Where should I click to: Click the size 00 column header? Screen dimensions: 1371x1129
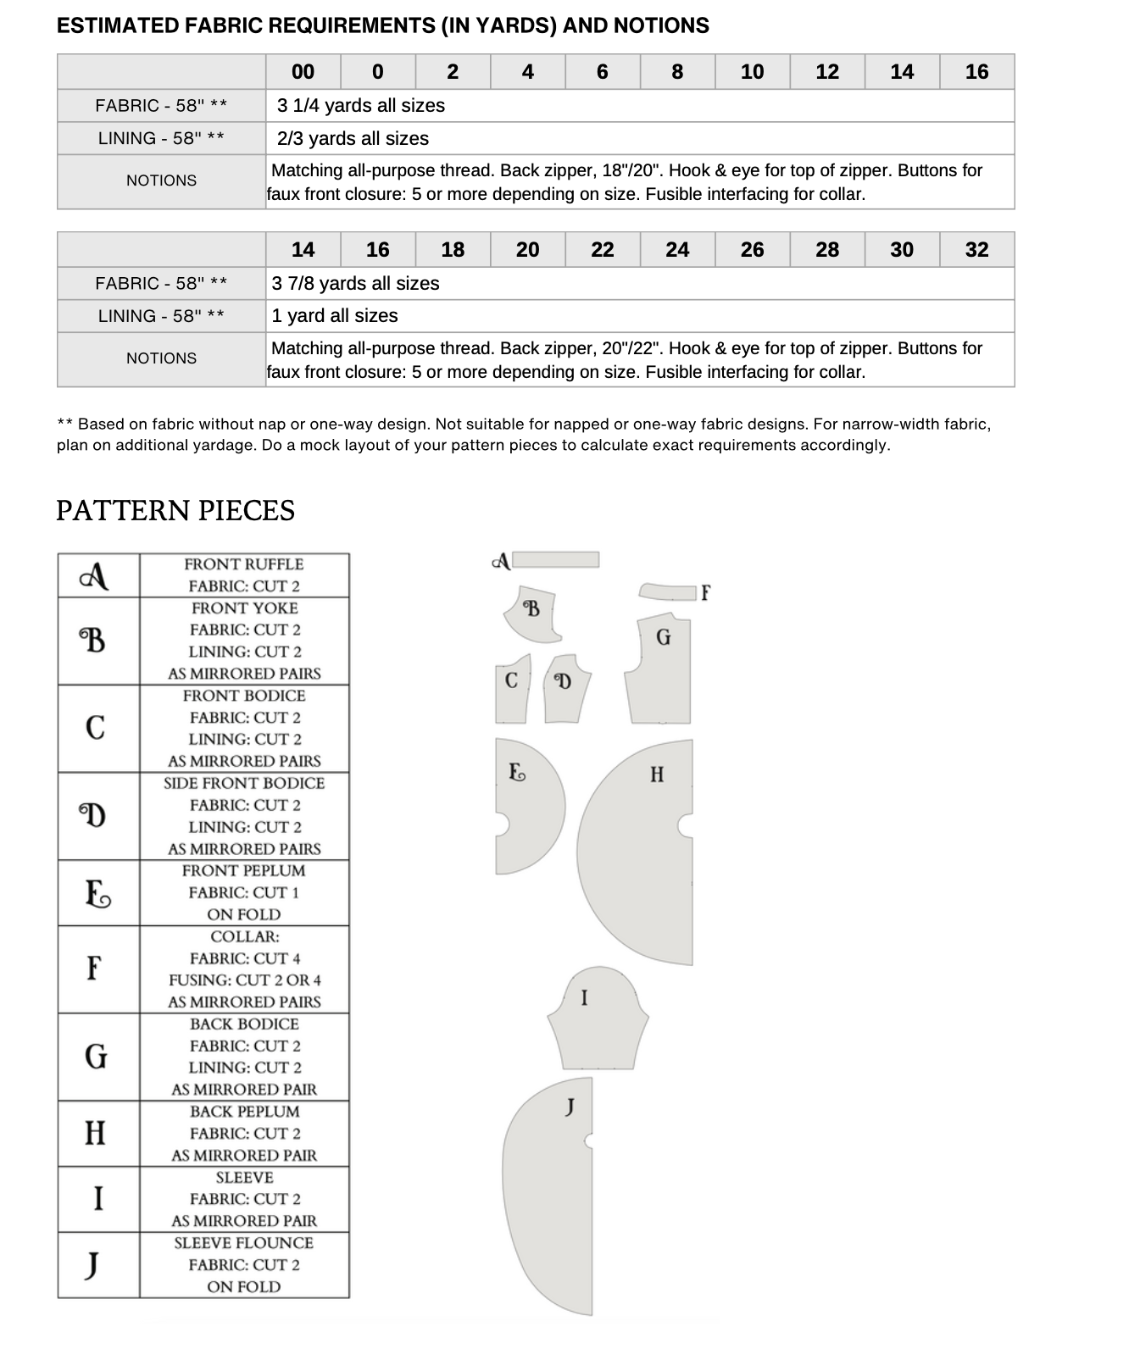click(x=303, y=72)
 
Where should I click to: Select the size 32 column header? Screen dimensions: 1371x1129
click(x=976, y=250)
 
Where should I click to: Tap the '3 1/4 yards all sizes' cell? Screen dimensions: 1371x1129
click(x=361, y=106)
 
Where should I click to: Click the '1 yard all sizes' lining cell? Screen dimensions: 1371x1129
click(x=335, y=316)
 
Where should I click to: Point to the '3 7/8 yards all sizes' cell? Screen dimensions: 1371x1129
click(x=356, y=284)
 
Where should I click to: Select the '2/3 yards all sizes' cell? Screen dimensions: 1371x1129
click(x=353, y=139)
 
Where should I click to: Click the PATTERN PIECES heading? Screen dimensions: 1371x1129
click(x=175, y=511)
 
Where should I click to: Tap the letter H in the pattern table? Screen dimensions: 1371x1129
click(x=96, y=1133)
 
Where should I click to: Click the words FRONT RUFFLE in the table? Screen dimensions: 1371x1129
click(x=244, y=564)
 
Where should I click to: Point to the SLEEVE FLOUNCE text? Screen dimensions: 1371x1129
click(x=244, y=1243)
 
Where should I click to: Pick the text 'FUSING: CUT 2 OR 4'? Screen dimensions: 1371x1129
click(x=245, y=980)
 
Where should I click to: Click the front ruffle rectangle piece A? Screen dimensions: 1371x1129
click(x=556, y=559)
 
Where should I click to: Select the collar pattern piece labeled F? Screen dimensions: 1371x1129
click(x=668, y=591)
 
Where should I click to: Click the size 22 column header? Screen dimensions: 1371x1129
click(x=603, y=250)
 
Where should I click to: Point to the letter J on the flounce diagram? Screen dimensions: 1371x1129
click(x=570, y=1106)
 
